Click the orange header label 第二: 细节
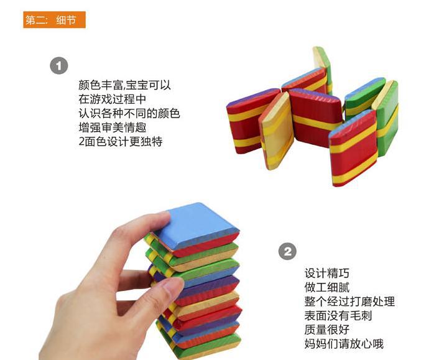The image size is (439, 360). pos(54,20)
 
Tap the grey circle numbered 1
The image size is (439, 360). pos(59,65)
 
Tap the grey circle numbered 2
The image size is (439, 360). pos(286,252)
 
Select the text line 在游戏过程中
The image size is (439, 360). pos(112,99)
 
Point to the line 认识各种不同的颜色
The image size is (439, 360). pos(129,114)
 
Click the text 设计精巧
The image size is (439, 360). pos(327,273)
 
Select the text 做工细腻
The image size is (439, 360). pos(327,287)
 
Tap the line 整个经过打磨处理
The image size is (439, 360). pos(349,302)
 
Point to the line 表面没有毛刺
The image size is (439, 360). pos(338,316)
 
